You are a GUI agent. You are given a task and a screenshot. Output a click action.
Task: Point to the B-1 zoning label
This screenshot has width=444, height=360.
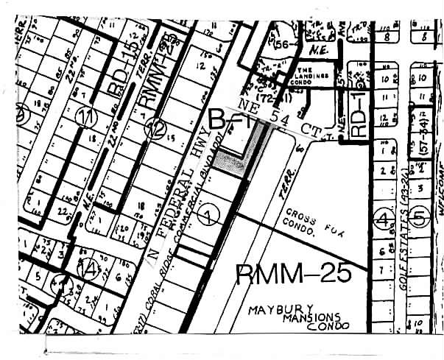pos(228,119)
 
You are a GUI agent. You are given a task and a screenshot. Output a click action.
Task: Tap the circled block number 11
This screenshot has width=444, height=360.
pos(90,116)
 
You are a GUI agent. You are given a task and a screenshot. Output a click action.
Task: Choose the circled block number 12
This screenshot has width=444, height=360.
pos(155,129)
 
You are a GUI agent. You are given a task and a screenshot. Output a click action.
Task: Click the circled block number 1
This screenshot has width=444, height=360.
pos(209,216)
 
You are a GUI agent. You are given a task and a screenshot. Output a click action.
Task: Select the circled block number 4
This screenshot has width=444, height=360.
pos(383,218)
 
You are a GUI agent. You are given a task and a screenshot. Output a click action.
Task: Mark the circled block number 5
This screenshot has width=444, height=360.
pos(419,218)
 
